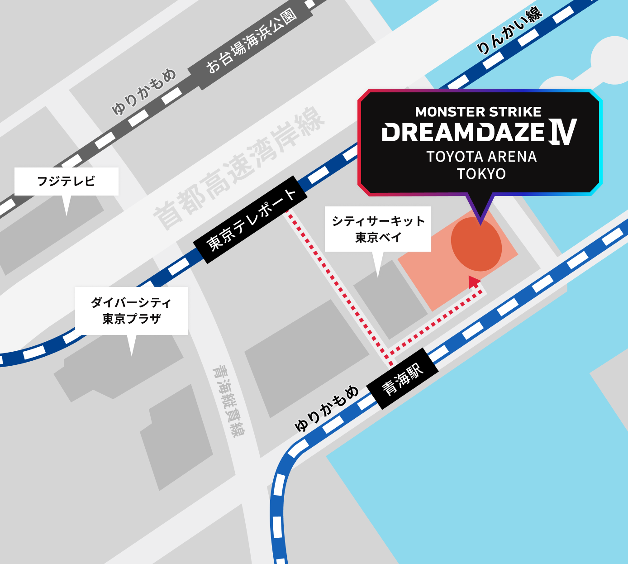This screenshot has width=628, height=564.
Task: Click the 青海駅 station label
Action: (x=402, y=379)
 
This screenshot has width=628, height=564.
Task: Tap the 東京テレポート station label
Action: (x=251, y=220)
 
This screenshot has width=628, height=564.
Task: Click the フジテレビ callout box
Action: (x=66, y=182)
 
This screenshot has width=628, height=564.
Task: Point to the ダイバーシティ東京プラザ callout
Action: (x=131, y=311)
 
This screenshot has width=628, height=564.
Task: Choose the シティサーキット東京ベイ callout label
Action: (x=378, y=229)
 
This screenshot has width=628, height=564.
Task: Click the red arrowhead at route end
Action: (x=473, y=282)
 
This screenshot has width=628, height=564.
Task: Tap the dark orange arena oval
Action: (x=476, y=244)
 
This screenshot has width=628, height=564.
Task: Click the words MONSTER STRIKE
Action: (x=478, y=112)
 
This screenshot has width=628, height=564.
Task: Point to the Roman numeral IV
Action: (x=563, y=132)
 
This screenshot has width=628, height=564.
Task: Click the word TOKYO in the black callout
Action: (x=481, y=174)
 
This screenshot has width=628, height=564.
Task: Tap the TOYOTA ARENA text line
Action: (x=481, y=157)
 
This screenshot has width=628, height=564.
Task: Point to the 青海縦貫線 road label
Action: (x=229, y=401)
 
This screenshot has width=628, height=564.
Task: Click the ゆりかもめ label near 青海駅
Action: (x=326, y=409)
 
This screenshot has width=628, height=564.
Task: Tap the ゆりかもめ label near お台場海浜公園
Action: (x=144, y=91)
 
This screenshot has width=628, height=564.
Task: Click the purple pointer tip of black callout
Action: (x=480, y=222)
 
